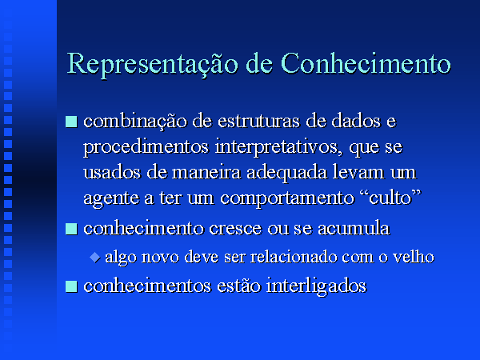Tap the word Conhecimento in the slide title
[x=366, y=63]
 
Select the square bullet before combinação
[x=71, y=122]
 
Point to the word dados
[x=356, y=121]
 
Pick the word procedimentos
[x=146, y=148]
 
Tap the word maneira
[x=206, y=173]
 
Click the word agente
[x=110, y=199]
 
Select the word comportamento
[x=287, y=199]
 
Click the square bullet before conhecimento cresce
[x=71, y=229]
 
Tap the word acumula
[x=354, y=229]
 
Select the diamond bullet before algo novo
[x=95, y=257]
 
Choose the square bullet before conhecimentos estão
[x=71, y=286]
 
